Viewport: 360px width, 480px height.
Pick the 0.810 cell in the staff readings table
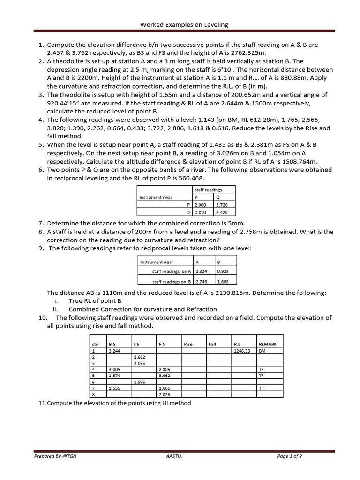(202, 212)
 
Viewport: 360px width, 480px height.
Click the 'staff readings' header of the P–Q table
(209, 190)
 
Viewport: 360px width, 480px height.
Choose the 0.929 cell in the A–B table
(223, 271)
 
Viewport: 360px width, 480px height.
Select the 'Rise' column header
(188, 344)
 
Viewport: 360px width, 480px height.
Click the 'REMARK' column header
(268, 344)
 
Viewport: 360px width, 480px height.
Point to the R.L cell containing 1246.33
(242, 350)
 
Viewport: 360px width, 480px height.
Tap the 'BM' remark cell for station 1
(262, 350)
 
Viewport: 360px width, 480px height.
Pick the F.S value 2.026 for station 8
(165, 395)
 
